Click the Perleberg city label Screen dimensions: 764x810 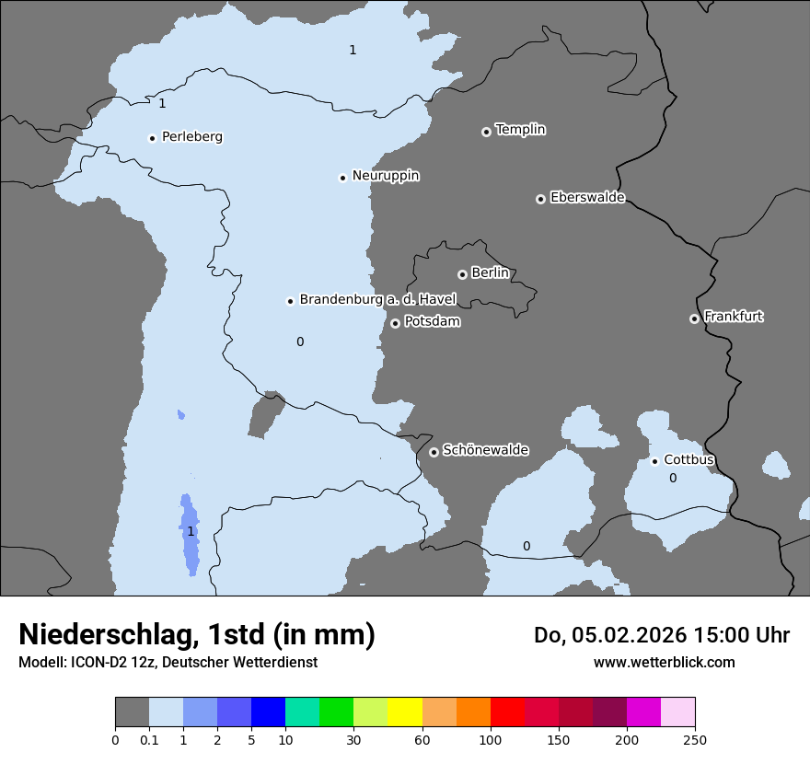click(x=191, y=137)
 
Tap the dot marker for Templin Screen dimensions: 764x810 click(x=486, y=132)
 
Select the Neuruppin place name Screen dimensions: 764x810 click(x=386, y=176)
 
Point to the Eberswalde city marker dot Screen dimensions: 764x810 click(x=540, y=199)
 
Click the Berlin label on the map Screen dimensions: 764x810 click(x=490, y=273)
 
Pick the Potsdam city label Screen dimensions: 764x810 click(x=432, y=322)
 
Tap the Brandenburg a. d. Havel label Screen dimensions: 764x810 click(x=377, y=300)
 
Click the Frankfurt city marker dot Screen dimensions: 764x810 click(x=694, y=318)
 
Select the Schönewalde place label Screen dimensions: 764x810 click(x=485, y=451)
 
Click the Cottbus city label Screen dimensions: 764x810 click(x=688, y=460)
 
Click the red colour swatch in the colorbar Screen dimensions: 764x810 click(x=507, y=712)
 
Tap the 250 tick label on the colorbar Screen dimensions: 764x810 click(x=695, y=739)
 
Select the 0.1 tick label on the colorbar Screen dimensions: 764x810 click(x=149, y=739)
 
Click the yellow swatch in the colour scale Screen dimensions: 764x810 click(x=405, y=712)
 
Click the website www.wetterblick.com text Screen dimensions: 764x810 click(x=664, y=663)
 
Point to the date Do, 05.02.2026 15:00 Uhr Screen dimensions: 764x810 click(x=661, y=635)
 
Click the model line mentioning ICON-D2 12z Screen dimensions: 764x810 click(x=168, y=663)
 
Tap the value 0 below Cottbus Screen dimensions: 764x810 click(x=673, y=478)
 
